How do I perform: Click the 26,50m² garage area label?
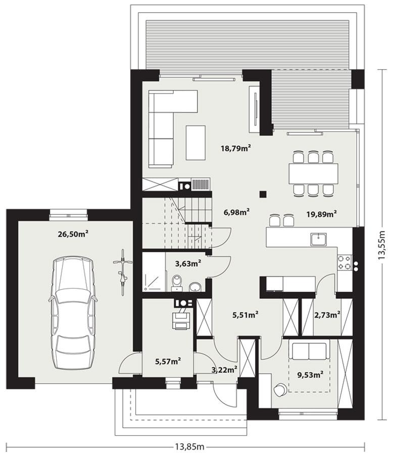[73, 234]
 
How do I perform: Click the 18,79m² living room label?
[236, 148]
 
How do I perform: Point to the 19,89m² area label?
[322, 214]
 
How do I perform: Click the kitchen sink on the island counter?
[319, 238]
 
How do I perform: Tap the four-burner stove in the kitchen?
[344, 262]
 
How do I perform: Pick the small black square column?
[263, 193]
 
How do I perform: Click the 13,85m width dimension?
[189, 446]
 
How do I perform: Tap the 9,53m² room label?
[310, 375]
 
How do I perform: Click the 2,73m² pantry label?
[327, 314]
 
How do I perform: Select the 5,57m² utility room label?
[168, 361]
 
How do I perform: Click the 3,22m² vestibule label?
[225, 370]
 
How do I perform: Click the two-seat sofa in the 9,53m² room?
[309, 350]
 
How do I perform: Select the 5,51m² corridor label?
[245, 314]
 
